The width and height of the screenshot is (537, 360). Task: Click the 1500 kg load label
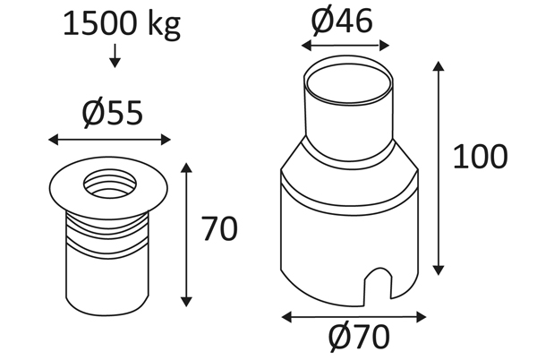point(122,25)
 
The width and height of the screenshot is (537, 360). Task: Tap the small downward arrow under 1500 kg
point(115,56)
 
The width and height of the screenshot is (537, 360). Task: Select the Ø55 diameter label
point(113,113)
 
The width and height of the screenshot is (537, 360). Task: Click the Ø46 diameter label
point(342,21)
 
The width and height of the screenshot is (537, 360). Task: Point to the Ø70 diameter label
point(359,337)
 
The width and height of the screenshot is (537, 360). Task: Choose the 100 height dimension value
point(480,157)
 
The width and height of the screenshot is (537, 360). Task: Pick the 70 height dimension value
point(219,228)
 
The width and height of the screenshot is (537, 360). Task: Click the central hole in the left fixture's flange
point(109,185)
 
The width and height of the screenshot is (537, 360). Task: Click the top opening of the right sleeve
point(349,83)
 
